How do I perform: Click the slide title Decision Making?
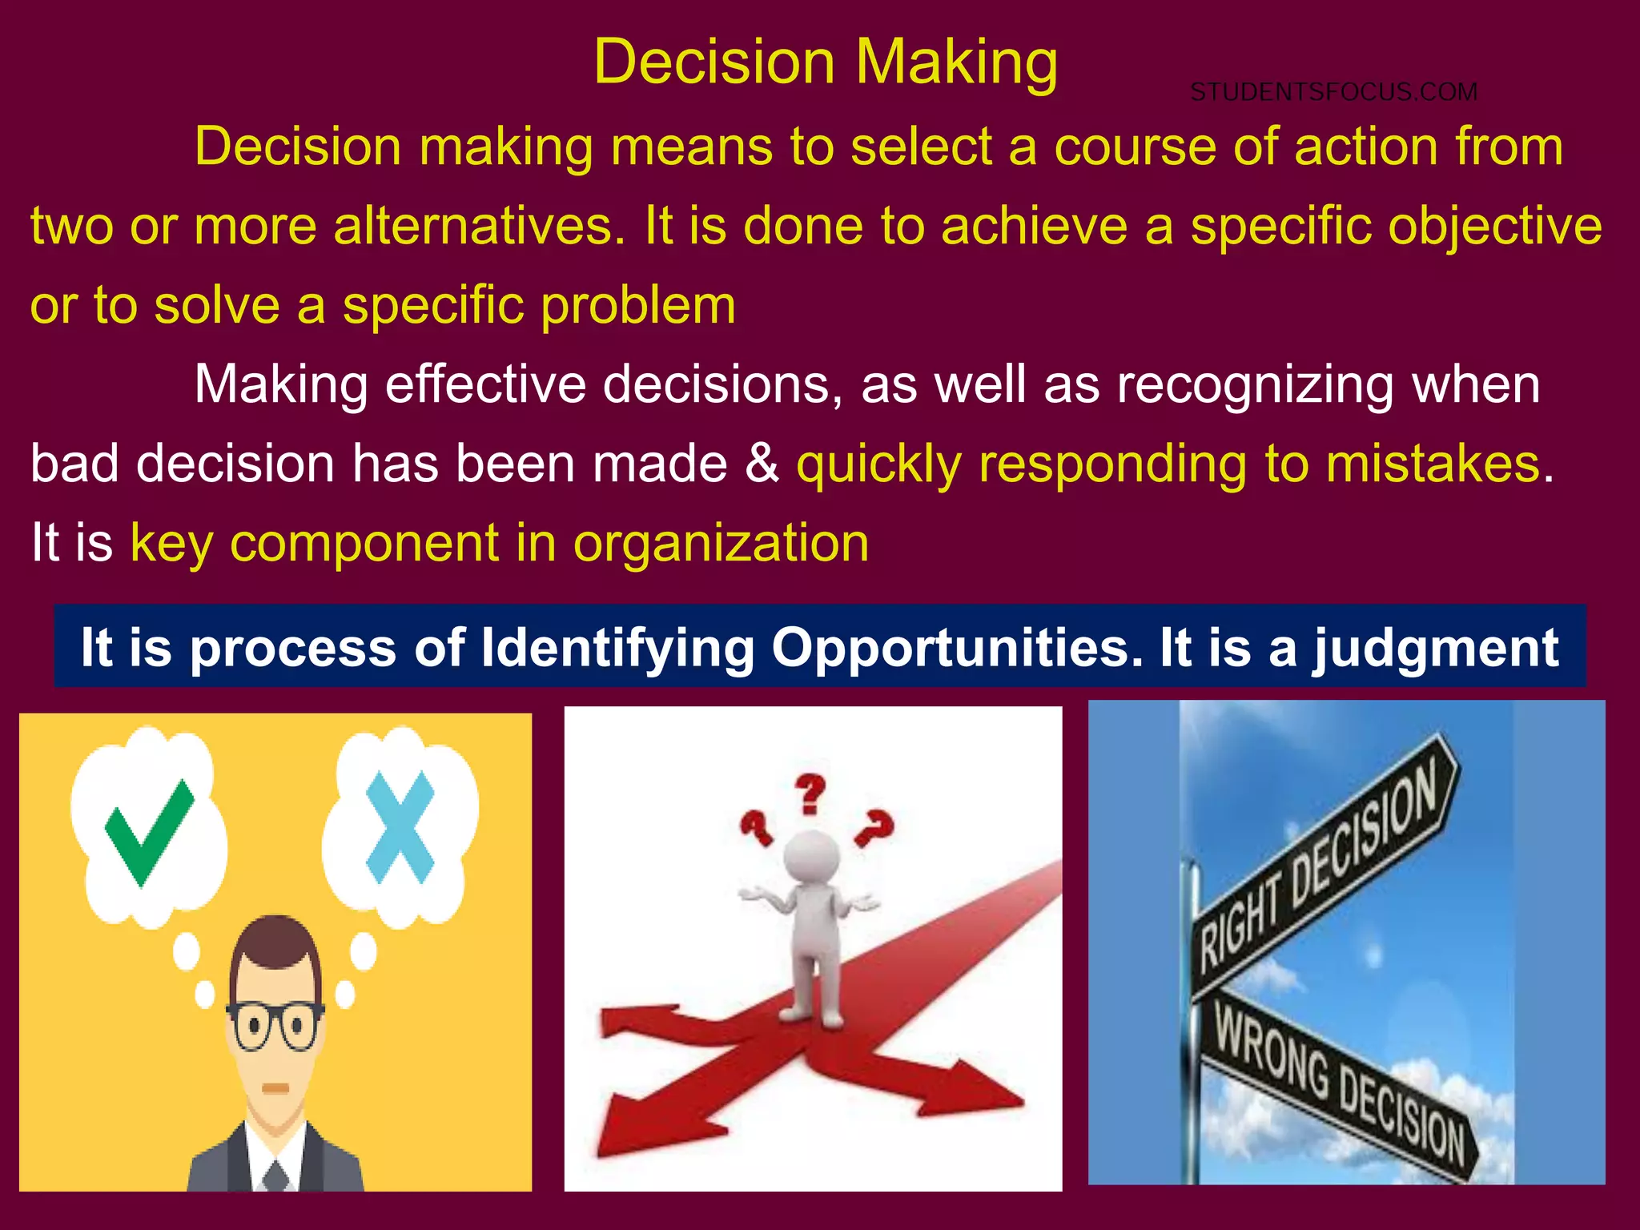pyautogui.click(x=826, y=62)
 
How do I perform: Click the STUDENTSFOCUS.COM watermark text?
pyautogui.click(x=1333, y=92)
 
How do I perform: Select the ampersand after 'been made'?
pyautogui.click(x=762, y=464)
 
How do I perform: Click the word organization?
pyautogui.click(x=721, y=543)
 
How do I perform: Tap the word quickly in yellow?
pyautogui.click(x=878, y=465)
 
